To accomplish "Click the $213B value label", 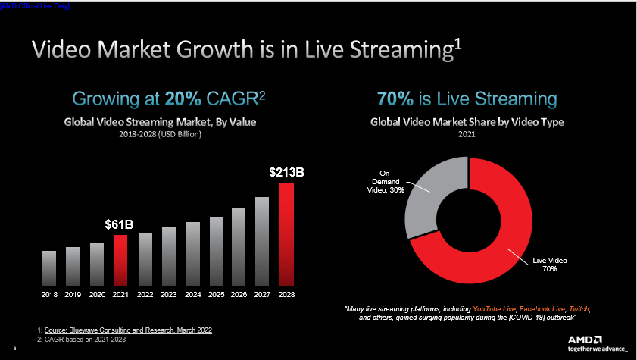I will click(286, 173).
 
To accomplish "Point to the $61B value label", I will click(119, 225).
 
